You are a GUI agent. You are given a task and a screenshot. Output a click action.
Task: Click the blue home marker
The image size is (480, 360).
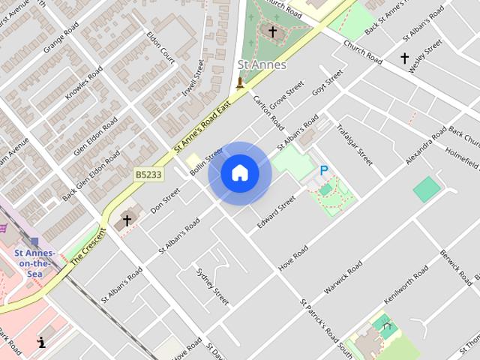click(240, 173)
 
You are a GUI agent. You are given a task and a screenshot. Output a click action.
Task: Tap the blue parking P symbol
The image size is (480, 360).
click(324, 172)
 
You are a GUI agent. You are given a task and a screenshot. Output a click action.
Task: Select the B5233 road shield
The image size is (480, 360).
click(148, 174)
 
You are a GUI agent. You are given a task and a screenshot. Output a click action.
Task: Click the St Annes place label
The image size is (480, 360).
click(262, 65)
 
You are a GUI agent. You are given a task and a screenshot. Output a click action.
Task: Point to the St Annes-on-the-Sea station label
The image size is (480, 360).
click(33, 263)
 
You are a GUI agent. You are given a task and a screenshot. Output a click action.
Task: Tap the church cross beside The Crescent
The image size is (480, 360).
click(127, 220)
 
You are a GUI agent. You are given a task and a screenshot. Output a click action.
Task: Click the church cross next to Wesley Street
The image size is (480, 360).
click(404, 58)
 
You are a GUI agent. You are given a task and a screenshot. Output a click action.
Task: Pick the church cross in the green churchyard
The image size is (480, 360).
click(271, 32)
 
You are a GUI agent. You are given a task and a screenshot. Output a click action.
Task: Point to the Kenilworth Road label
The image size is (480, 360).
click(406, 285)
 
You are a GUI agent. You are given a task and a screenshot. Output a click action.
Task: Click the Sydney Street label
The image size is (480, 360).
click(211, 286)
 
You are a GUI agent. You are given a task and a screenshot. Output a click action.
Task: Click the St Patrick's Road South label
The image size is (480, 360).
click(325, 328)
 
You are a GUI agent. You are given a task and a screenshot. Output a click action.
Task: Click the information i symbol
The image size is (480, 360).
click(41, 342)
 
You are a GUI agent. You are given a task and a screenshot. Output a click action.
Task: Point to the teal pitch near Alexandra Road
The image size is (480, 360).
click(427, 188)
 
